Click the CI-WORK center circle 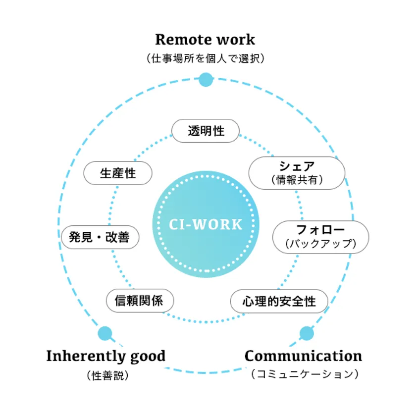(205, 224)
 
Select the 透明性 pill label (206, 131)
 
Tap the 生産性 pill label (118, 173)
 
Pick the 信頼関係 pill (141, 301)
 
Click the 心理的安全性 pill (279, 301)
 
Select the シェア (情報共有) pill (297, 173)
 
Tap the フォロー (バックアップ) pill (321, 237)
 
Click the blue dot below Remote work (206, 79)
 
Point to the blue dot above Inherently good (105, 333)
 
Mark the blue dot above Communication (307, 333)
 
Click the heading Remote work (205, 39)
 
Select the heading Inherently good (105, 356)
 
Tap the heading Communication (303, 356)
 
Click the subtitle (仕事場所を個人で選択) (205, 58)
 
